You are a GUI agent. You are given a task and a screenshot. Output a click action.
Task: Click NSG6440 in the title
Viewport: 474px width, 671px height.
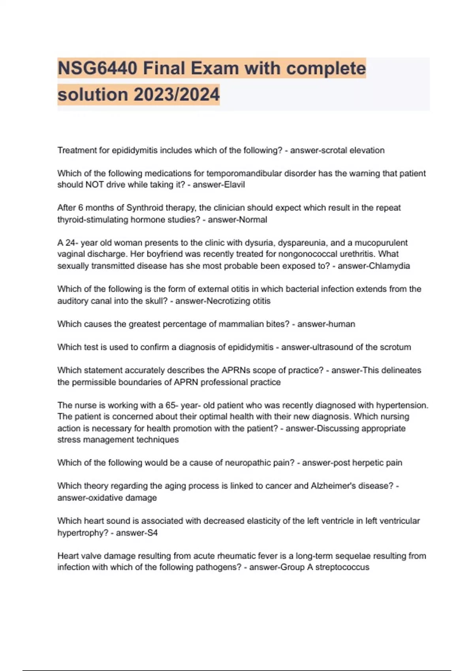click(97, 68)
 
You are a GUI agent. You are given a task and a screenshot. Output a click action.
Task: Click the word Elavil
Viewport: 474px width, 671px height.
click(235, 185)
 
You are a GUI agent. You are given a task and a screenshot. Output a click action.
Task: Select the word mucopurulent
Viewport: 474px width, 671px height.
click(381, 243)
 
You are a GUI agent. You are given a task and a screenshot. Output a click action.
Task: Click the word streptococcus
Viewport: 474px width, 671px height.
click(342, 567)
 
